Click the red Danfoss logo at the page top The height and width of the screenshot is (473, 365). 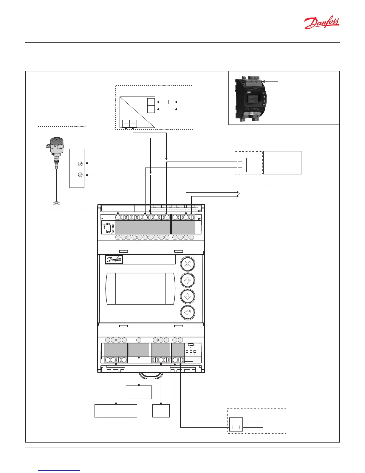(x=321, y=23)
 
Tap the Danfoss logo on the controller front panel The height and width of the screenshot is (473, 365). (x=114, y=259)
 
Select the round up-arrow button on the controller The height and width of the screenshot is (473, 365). (x=188, y=280)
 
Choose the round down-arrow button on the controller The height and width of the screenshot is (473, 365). (x=188, y=296)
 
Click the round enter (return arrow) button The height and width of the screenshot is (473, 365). (x=188, y=312)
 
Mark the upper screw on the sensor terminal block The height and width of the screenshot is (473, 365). (x=80, y=164)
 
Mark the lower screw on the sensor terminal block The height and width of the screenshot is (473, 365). (x=80, y=175)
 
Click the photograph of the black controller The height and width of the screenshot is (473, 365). (x=250, y=100)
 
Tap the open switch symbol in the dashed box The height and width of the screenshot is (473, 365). (x=238, y=194)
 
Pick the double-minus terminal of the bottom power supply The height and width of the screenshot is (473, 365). (x=236, y=421)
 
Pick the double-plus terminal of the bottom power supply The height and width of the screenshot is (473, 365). (x=236, y=428)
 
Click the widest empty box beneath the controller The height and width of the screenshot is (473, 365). (x=116, y=411)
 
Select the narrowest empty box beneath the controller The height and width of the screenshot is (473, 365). (x=161, y=411)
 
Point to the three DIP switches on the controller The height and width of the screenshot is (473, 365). (x=191, y=351)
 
